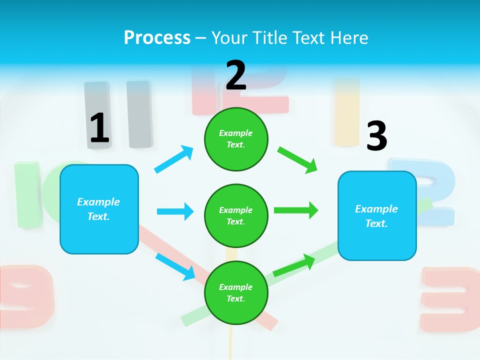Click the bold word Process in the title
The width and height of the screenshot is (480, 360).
[157, 38]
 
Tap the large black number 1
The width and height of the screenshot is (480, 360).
[99, 128]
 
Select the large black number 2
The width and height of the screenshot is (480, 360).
[236, 75]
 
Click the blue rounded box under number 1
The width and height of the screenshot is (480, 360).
[99, 209]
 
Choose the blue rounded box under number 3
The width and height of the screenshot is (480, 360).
[377, 215]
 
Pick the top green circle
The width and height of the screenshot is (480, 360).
[236, 139]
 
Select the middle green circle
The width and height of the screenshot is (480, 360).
[236, 215]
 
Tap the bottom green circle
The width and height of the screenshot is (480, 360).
[236, 292]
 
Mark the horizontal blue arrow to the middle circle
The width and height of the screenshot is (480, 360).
[175, 211]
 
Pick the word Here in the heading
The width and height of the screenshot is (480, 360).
[348, 38]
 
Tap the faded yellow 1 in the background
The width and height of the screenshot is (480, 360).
[347, 111]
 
